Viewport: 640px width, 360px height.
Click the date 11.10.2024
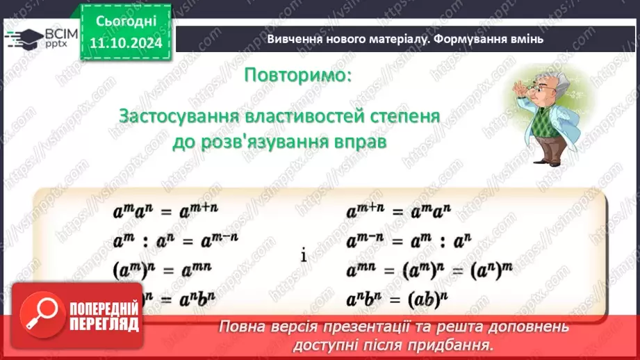pyautogui.click(x=125, y=42)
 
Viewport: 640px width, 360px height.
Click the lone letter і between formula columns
pyautogui.click(x=304, y=255)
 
